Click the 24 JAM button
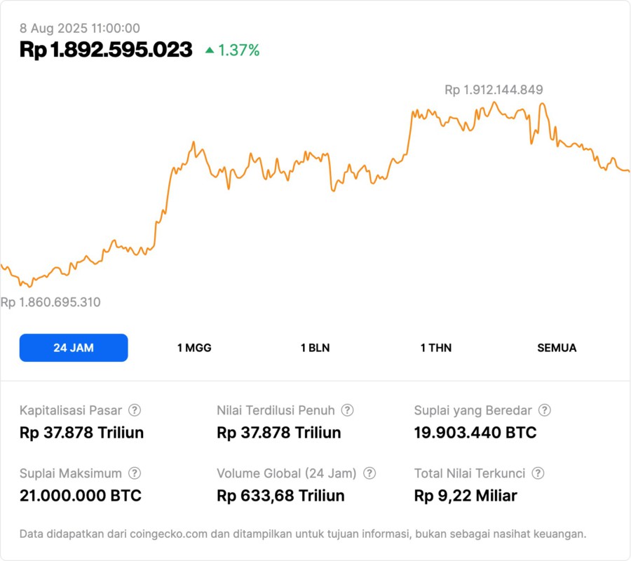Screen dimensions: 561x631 [x=74, y=348]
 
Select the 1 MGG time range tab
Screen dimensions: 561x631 [x=194, y=348]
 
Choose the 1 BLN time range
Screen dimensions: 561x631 [x=315, y=348]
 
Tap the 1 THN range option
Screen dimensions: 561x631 [x=436, y=348]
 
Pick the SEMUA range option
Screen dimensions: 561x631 [x=557, y=348]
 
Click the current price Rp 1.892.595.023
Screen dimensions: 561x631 [x=106, y=50]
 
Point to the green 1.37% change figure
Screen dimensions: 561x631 [x=238, y=50]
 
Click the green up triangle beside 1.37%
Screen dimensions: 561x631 [x=210, y=50]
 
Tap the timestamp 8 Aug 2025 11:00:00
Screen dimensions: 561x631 [x=80, y=29]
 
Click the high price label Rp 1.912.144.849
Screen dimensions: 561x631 [x=494, y=90]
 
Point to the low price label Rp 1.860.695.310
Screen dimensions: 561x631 [x=50, y=302]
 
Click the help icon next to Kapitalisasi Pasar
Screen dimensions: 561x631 [x=135, y=410]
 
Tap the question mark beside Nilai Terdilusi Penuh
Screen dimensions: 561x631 [x=347, y=410]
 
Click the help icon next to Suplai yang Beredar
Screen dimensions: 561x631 [x=544, y=410]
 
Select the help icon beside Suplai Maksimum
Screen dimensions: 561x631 [x=135, y=473]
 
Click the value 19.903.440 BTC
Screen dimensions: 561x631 [x=475, y=433]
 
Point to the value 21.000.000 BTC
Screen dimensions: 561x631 [x=81, y=496]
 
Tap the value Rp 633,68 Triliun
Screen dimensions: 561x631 [x=280, y=496]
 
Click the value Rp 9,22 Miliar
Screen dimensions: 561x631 [x=466, y=496]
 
